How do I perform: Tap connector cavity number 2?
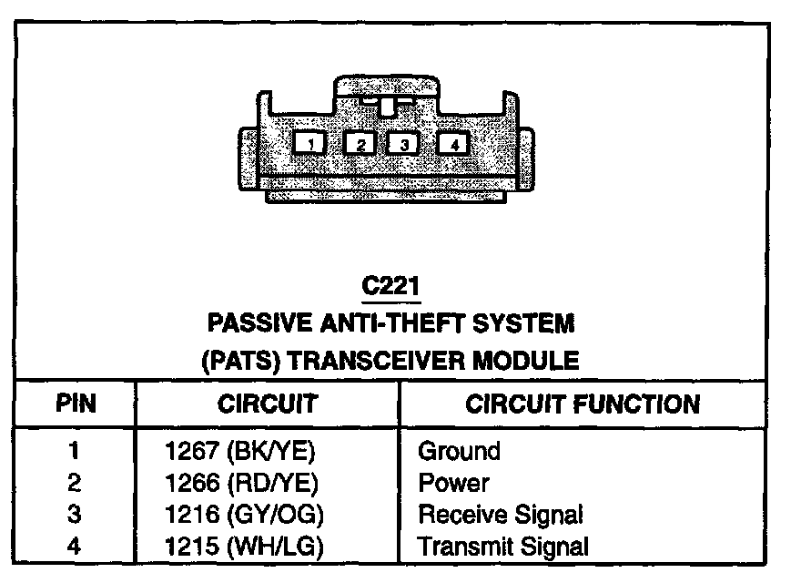360,144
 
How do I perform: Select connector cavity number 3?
404,144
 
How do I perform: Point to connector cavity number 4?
453,144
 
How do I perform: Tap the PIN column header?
76,404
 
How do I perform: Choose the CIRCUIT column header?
267,404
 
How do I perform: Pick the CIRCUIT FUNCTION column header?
583,404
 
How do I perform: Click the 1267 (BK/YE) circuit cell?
243,451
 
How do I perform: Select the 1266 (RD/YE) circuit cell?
243,483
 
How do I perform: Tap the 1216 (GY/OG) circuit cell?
243,515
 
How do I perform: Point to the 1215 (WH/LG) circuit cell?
243,547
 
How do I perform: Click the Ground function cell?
459,451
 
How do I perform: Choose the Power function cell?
453,483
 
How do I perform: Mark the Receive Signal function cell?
500,515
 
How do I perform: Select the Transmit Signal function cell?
503,547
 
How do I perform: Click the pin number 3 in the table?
75,515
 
